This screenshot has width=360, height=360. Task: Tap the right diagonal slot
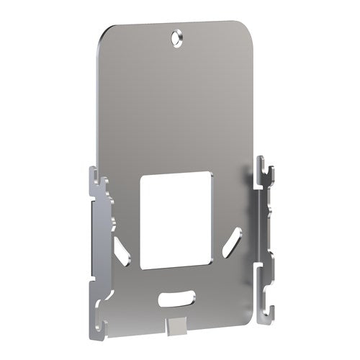tap(233, 240)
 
